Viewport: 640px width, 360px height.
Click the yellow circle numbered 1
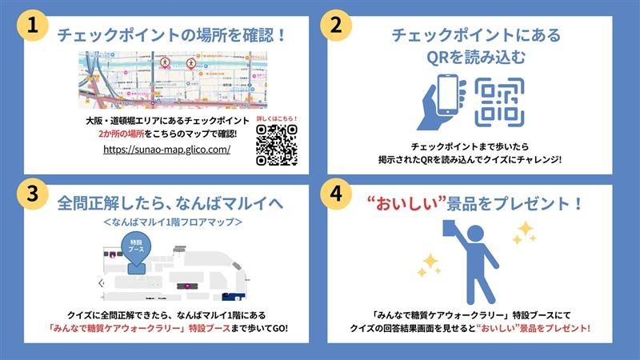coord(33,25)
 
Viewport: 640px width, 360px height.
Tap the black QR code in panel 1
coord(277,144)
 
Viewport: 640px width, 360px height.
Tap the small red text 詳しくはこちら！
coord(276,118)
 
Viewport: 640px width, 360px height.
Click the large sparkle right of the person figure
coord(526,233)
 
